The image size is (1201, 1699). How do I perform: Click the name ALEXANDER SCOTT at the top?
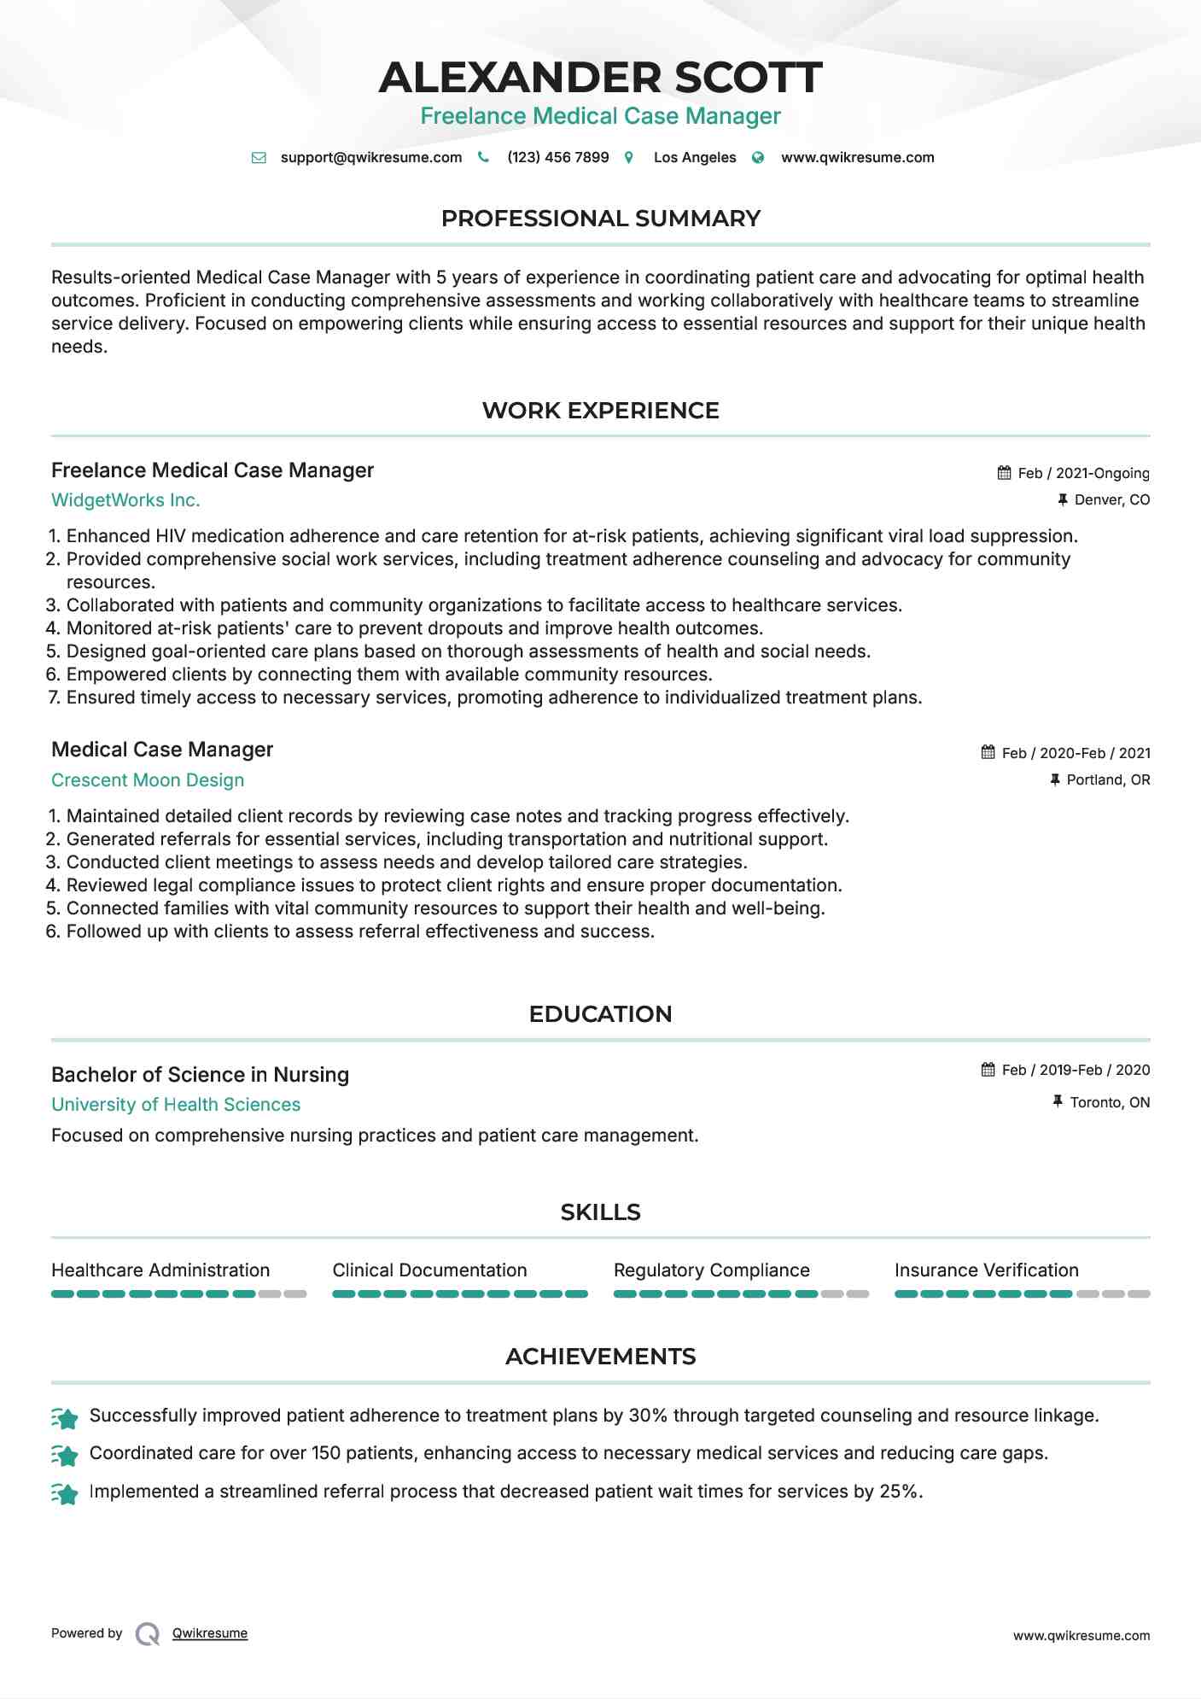point(600,78)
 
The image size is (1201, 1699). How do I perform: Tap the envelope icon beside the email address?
point(259,158)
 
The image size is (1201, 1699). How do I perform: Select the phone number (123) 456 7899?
point(557,158)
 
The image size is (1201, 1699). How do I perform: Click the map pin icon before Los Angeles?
point(629,158)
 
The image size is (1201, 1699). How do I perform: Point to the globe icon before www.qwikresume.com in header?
point(758,158)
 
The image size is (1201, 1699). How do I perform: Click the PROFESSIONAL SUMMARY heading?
point(600,219)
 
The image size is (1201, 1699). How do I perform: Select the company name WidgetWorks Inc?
point(125,500)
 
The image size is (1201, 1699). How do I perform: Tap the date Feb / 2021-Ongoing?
point(1083,473)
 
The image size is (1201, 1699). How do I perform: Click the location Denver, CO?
point(1111,499)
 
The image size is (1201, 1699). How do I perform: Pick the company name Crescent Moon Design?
point(148,780)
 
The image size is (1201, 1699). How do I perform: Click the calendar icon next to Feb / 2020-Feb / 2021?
point(988,752)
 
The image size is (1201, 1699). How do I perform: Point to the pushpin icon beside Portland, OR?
point(1055,779)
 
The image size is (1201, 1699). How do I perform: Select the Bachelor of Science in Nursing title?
point(200,1075)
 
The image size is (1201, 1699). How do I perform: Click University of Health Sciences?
point(176,1105)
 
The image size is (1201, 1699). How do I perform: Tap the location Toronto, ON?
point(1110,1102)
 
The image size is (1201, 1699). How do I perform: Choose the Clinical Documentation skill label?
point(429,1270)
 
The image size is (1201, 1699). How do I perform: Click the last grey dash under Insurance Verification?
point(1139,1294)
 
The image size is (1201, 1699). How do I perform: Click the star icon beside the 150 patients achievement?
point(65,1454)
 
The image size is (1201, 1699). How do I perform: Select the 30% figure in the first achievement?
point(648,1416)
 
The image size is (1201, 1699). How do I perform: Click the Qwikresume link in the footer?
point(210,1633)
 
